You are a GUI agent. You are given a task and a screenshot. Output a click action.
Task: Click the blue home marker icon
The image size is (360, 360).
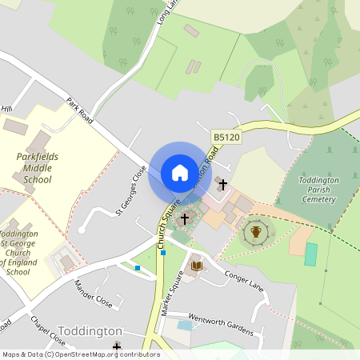[x=179, y=173]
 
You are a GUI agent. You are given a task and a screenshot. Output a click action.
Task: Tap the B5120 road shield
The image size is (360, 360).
[x=226, y=138]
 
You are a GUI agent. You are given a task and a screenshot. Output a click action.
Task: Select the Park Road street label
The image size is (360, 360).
[x=80, y=110]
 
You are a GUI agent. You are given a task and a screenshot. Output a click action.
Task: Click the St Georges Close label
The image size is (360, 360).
[x=132, y=190]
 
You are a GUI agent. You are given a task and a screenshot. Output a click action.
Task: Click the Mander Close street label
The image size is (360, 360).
[x=94, y=294]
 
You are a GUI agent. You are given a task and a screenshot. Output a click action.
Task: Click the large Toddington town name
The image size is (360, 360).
[x=90, y=331]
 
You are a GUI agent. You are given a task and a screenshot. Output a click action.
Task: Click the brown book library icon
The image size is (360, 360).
[x=196, y=266]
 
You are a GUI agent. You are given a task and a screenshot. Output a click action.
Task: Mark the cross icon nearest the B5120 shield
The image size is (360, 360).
[x=222, y=185]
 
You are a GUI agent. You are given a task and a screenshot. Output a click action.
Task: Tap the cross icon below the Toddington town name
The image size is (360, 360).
[x=117, y=347]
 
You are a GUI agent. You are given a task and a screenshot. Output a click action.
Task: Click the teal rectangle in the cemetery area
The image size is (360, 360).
[x=310, y=254]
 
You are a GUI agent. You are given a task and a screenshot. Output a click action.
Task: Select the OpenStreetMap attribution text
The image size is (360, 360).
[x=82, y=354]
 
